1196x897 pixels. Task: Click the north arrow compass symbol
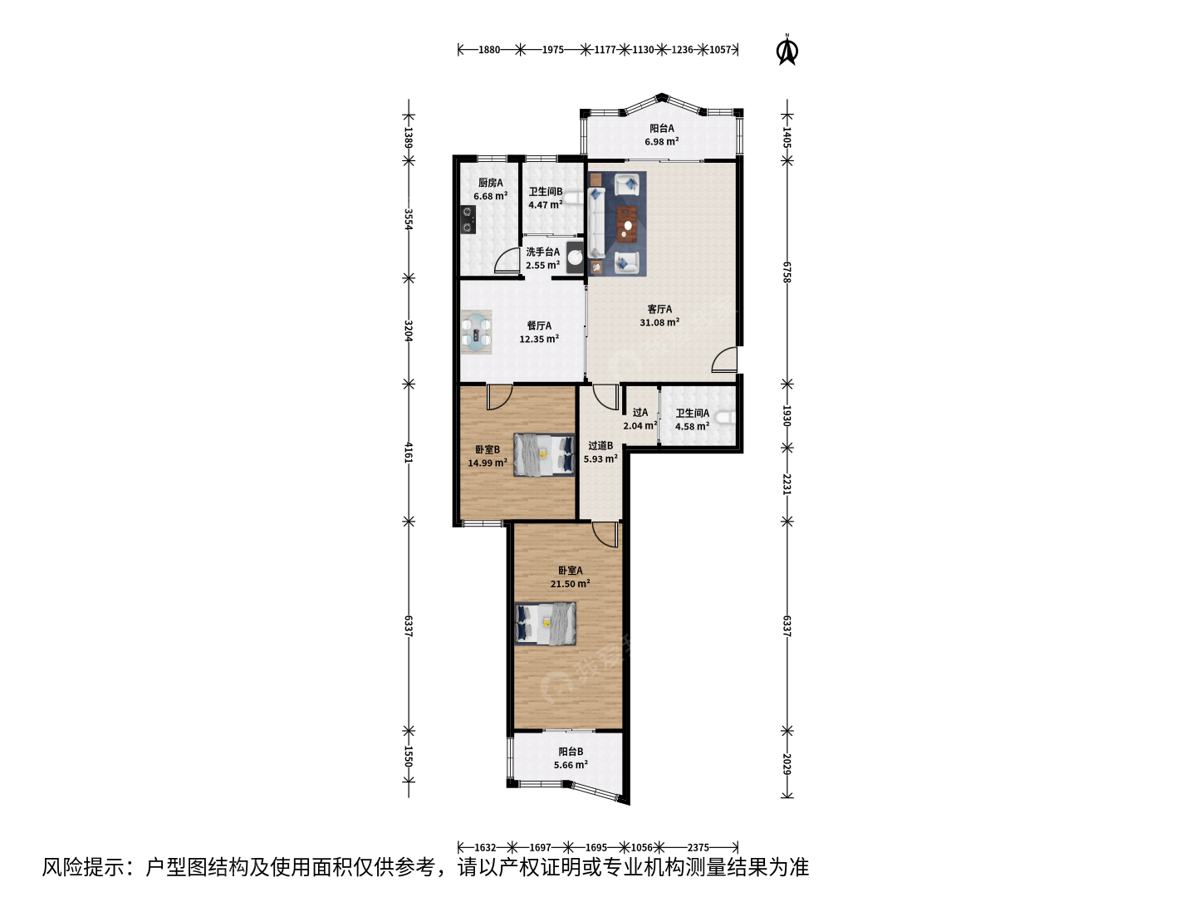(x=787, y=50)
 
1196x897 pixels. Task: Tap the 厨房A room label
(x=490, y=183)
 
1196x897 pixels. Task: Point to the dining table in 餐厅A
(x=476, y=332)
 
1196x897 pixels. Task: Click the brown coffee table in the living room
(x=627, y=224)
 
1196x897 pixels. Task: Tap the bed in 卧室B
(x=544, y=455)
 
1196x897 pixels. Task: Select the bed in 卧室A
(x=546, y=624)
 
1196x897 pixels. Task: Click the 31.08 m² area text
(x=659, y=322)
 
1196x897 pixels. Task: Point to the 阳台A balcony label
(x=661, y=129)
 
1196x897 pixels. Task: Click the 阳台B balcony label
(x=571, y=752)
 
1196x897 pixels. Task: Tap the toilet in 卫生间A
(x=726, y=418)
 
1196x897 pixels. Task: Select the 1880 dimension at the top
(x=488, y=50)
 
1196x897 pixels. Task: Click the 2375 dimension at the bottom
(x=698, y=847)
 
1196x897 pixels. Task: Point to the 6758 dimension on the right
(x=787, y=272)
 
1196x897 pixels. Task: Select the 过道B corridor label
(x=600, y=445)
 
